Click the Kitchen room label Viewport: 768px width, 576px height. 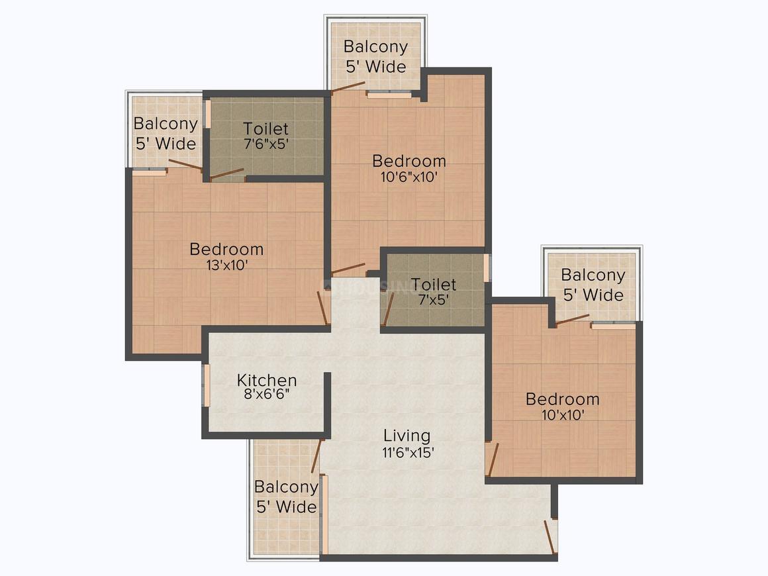(x=267, y=381)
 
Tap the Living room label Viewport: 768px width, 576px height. (x=407, y=436)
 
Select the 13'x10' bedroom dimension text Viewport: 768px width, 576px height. (x=226, y=264)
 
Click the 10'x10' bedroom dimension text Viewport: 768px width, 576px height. (x=563, y=414)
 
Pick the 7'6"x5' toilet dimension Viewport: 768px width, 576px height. (x=266, y=144)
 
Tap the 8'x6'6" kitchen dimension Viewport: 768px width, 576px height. (x=267, y=395)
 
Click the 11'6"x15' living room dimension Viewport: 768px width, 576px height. (x=407, y=452)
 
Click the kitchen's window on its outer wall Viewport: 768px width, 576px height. (x=206, y=386)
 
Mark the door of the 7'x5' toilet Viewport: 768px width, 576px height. (x=388, y=309)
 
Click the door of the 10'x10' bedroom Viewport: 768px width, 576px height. (x=492, y=459)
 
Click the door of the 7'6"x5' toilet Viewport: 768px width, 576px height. (x=227, y=174)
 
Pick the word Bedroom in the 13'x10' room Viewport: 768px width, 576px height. (x=226, y=250)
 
